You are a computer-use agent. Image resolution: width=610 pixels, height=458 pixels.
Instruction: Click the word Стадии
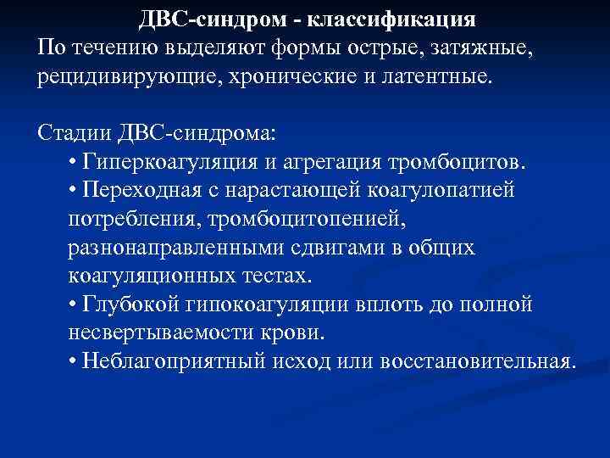[x=74, y=133]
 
